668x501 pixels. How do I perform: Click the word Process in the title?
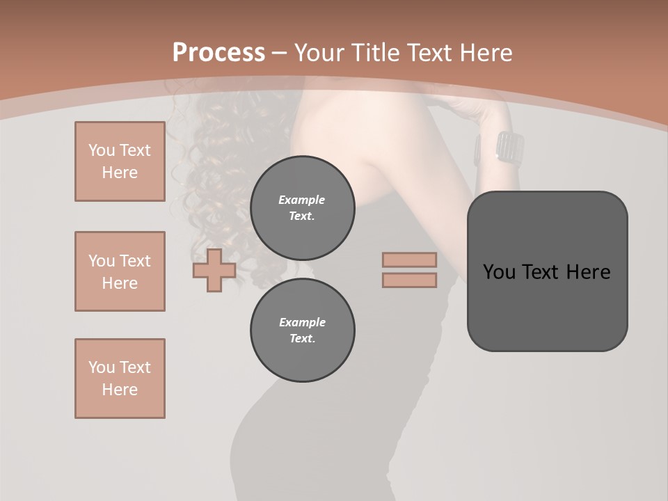218,53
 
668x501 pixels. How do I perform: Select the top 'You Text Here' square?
120,161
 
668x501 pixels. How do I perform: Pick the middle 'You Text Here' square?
120,271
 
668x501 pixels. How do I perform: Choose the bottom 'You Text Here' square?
120,379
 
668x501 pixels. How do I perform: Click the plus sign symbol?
214,270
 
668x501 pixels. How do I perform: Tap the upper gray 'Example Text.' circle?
302,207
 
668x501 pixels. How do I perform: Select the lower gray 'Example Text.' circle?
302,330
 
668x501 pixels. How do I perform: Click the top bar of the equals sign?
409,260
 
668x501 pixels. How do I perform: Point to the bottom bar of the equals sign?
409,280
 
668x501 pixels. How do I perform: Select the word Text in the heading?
429,53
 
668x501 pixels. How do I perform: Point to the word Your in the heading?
319,53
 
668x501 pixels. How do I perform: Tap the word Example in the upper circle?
302,200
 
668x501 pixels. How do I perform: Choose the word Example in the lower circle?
302,322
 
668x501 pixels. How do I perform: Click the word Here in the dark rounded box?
589,272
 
